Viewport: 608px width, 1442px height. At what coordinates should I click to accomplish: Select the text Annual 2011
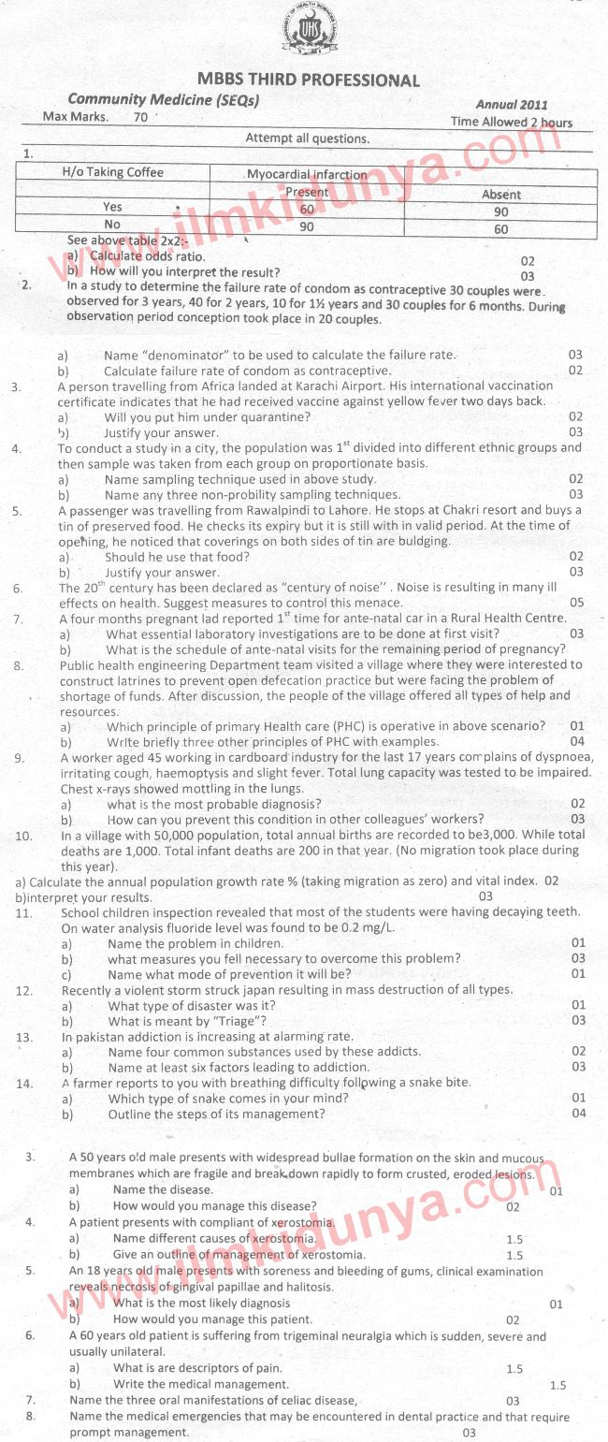click(512, 105)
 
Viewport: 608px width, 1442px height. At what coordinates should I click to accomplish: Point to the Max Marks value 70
click(140, 118)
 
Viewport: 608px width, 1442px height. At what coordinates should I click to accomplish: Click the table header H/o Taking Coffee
click(112, 172)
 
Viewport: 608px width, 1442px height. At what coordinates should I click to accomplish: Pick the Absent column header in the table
click(501, 195)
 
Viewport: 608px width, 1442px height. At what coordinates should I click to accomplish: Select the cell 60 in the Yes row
click(307, 210)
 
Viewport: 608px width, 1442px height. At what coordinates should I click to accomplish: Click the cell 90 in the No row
click(306, 227)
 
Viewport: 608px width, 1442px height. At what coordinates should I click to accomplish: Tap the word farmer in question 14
click(95, 1083)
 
